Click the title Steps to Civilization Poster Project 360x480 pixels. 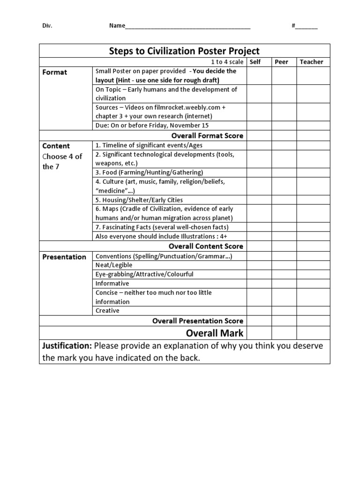(184, 51)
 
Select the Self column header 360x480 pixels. (255, 62)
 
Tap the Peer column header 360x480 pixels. (281, 62)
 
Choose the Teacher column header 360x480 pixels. (312, 62)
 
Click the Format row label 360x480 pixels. (55, 72)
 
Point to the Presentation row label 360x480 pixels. (64, 257)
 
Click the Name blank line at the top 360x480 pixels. (187, 26)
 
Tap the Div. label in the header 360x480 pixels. (47, 26)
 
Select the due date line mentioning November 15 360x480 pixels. (152, 125)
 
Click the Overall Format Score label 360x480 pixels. (207, 135)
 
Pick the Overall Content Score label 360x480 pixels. (206, 246)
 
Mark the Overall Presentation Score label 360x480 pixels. (198, 321)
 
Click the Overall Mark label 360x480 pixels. (215, 333)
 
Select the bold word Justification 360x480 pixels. (67, 346)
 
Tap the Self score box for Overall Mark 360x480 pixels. (259, 333)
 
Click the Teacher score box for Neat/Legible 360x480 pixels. (313, 265)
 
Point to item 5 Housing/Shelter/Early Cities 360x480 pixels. (139, 200)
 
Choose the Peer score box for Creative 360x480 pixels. (284, 311)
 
